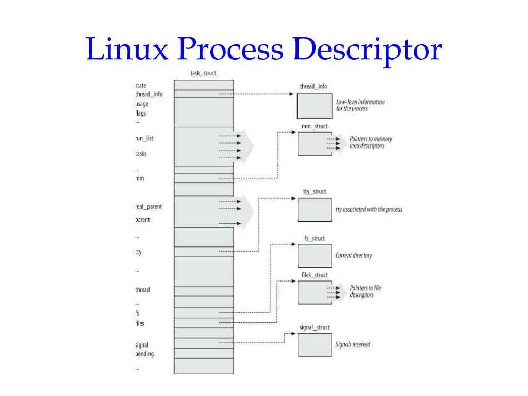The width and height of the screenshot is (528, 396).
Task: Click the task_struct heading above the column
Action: (x=203, y=73)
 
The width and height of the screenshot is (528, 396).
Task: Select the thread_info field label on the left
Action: (x=149, y=94)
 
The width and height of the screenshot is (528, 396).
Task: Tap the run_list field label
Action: (x=144, y=138)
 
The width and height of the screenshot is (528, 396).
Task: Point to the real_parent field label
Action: (x=148, y=206)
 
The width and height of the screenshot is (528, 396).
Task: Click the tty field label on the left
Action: (x=138, y=252)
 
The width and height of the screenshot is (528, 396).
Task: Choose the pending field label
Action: (x=144, y=354)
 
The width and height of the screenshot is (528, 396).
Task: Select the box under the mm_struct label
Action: (x=315, y=143)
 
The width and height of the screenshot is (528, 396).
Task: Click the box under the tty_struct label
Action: (x=315, y=209)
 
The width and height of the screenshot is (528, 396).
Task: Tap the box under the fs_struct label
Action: (x=315, y=255)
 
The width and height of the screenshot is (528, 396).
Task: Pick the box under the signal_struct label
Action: (x=315, y=344)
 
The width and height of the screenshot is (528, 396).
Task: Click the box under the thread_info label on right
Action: (x=315, y=106)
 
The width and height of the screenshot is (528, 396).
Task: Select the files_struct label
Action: (x=315, y=275)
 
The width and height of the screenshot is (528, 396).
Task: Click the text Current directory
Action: (x=354, y=255)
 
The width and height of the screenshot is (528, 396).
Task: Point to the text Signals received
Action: (x=353, y=344)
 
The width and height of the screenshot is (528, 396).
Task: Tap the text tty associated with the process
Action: (x=369, y=210)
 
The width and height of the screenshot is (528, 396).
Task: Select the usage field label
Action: (x=142, y=104)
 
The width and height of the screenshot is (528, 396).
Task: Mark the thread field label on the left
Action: (x=142, y=290)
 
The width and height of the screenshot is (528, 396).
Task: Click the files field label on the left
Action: (x=140, y=323)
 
